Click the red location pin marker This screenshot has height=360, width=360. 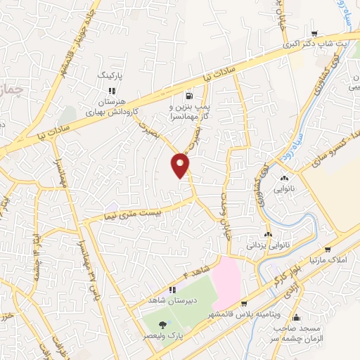(181, 165)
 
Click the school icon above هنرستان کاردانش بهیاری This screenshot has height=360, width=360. (112, 90)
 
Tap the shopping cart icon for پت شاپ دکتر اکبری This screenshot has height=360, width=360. (315, 33)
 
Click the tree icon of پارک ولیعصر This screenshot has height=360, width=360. (164, 324)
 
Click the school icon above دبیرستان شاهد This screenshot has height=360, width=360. (172, 290)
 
